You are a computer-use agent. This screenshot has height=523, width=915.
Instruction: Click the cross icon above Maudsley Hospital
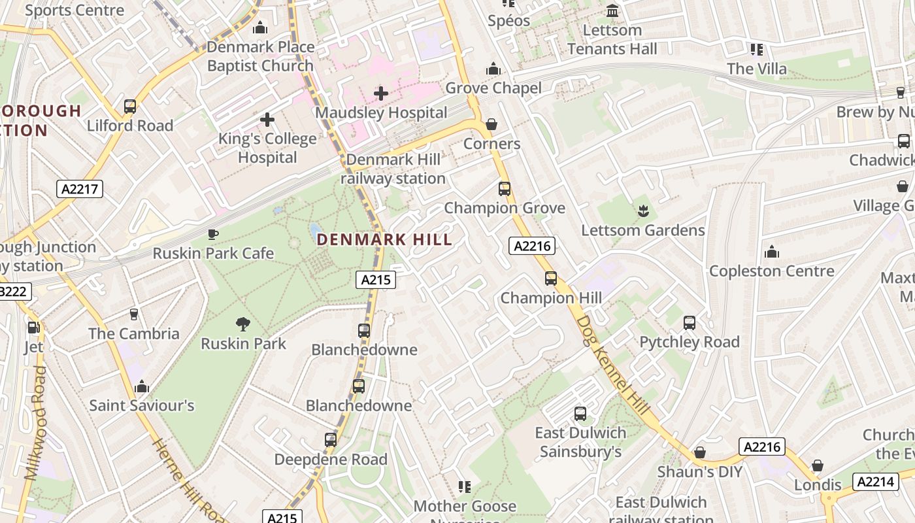pos(381,93)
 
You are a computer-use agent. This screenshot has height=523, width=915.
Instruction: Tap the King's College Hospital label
pos(267,148)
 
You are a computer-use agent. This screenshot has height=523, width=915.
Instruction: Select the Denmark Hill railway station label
pos(393,169)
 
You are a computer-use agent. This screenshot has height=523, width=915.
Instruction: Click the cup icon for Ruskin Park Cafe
pos(212,234)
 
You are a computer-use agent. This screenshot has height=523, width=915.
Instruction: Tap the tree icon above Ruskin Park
pos(243,324)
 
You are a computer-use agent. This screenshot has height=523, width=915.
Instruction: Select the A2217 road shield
pos(80,190)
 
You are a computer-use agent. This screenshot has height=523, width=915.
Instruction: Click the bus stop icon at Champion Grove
pos(504,189)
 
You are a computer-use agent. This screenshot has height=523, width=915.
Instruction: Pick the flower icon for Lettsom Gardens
pos(643,211)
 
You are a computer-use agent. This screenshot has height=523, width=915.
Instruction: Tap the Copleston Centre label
pos(771,271)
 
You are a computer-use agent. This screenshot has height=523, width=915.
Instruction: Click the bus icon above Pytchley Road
pos(690,322)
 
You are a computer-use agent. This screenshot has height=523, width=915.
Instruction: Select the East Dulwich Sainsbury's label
pos(580,442)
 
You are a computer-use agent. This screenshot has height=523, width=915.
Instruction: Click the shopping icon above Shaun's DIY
pos(700,452)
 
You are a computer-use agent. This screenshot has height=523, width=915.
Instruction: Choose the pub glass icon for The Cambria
pos(134,314)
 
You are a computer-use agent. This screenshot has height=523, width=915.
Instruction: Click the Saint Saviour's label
pos(142,405)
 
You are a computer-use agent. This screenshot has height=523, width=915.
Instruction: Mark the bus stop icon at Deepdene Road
pos(331,440)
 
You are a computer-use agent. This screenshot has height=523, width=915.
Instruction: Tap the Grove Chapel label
pos(493,88)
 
